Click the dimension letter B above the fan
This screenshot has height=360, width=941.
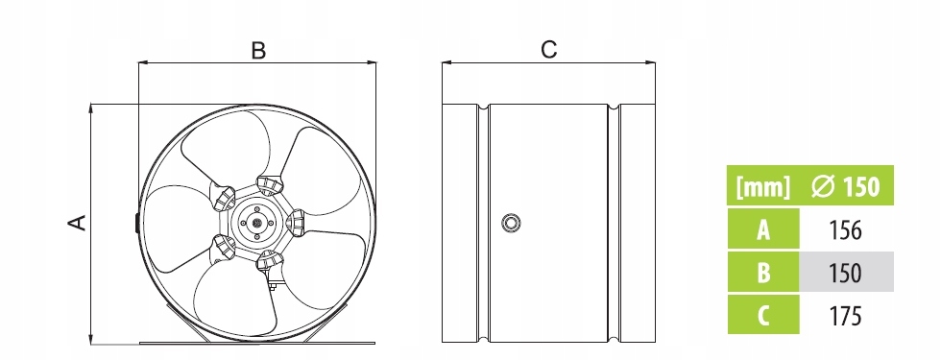pos(258,50)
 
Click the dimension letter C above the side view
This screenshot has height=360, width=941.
pos(549,50)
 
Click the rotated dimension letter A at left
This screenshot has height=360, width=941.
pos(77,223)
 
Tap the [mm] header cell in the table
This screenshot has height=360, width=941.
pos(762,186)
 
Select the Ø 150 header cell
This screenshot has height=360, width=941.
pos(846,186)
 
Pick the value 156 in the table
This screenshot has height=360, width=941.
pos(844,229)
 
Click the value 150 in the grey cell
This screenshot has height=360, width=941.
pos(844,273)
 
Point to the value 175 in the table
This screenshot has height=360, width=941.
pos(844,316)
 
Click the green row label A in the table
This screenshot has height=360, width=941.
pos(762,228)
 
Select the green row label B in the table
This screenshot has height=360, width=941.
pos(762,272)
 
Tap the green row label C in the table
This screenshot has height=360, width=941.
pos(762,315)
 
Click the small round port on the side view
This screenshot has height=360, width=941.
pos(511,223)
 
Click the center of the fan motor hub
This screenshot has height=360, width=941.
pos(257,223)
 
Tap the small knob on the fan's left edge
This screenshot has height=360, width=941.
pos(136,223)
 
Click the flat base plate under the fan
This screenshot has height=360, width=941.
pos(257,344)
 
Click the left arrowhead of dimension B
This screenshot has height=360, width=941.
pos(143,61)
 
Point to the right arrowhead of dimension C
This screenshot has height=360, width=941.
pos(651,61)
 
